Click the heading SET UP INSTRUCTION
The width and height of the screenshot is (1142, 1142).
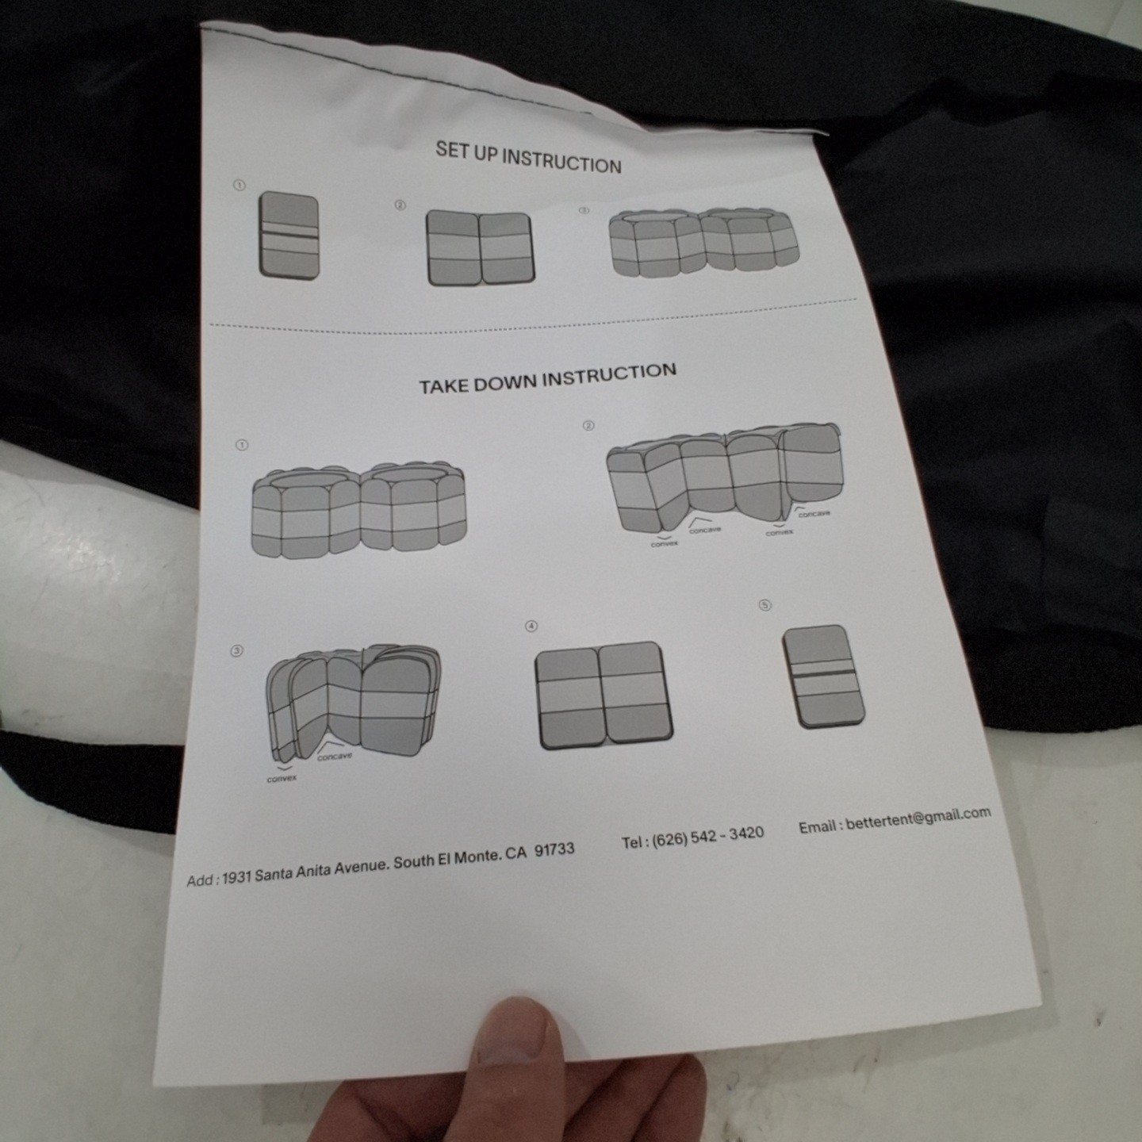[528, 158]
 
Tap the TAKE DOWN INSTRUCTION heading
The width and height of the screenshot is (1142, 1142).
[547, 379]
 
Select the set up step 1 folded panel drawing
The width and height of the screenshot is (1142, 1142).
[289, 235]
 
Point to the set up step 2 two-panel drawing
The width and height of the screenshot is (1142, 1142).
[480, 247]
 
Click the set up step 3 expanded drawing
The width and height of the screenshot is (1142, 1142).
[704, 243]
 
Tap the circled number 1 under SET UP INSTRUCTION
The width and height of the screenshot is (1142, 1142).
[240, 186]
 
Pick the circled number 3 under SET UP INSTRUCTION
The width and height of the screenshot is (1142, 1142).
[584, 210]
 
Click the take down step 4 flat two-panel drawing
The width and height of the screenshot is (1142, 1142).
[604, 696]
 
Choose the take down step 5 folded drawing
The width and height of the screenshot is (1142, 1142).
[823, 676]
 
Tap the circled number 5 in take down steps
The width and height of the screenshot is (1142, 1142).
[765, 605]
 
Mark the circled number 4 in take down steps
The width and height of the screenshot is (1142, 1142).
[531, 626]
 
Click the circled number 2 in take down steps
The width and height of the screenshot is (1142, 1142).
[588, 426]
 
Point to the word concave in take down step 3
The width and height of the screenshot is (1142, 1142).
[334, 757]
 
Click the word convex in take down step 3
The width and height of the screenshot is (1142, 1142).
[282, 779]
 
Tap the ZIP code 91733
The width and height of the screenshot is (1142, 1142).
[554, 850]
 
